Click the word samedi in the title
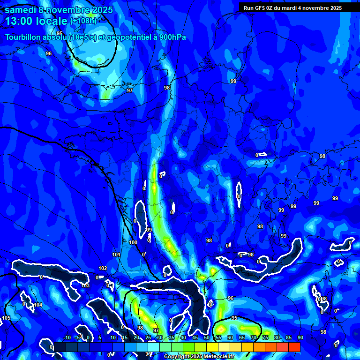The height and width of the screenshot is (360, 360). (x=21, y=10)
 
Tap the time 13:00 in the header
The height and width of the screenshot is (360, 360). (x=21, y=21)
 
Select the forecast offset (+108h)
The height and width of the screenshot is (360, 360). (x=83, y=21)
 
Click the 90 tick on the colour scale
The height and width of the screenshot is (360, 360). (x=300, y=338)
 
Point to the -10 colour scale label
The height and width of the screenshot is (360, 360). (x=67, y=338)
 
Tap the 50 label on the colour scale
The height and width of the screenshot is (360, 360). (x=206, y=338)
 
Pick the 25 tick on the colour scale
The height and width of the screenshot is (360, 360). (x=148, y=338)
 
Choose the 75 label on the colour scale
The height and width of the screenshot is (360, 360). (x=265, y=338)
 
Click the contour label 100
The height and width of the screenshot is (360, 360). (x=133, y=242)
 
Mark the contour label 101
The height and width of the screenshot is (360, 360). (x=116, y=255)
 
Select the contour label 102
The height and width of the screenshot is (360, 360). (x=103, y=269)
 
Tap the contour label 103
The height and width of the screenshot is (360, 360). (x=85, y=285)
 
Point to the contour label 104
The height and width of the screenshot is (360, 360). (x=38, y=305)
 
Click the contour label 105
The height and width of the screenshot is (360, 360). (x=6, y=318)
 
